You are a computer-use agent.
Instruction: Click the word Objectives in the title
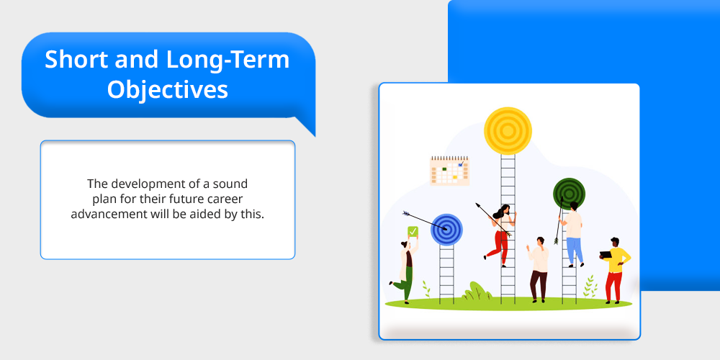pos(168,90)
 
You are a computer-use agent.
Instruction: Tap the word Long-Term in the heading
pos(228,60)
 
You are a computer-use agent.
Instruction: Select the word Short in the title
pos(76,59)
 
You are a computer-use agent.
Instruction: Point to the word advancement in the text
pos(108,215)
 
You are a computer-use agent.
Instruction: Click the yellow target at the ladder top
pos(508,131)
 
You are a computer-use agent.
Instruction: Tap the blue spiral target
pos(446,230)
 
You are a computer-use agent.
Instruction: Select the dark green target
pos(569,194)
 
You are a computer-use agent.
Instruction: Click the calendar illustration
pos(449,171)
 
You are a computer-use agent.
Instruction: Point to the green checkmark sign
pos(413,232)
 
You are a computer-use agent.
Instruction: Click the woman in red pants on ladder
pos(500,235)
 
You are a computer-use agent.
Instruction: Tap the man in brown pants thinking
pos(538,269)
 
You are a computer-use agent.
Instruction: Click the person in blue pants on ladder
pos(572,234)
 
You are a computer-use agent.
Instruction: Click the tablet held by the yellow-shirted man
pos(606,255)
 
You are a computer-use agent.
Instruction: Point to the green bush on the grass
pos(476,291)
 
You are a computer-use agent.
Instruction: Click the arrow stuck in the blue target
pos(424,221)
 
